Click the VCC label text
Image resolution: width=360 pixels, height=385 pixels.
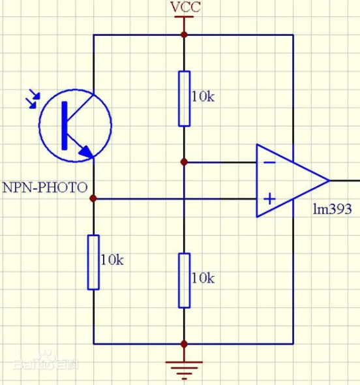185,7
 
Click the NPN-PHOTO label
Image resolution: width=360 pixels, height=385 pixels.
45,187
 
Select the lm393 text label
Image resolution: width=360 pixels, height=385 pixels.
332,209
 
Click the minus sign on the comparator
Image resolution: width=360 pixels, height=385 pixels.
269,162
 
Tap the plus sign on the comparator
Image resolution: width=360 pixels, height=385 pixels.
269,198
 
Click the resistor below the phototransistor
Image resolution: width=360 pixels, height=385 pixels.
93,262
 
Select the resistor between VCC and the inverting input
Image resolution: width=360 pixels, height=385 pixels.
184,99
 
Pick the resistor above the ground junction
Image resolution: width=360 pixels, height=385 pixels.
184,281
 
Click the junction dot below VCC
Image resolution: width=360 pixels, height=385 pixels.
184,35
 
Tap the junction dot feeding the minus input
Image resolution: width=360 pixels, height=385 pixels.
184,162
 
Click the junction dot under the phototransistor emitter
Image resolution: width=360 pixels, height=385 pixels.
93,198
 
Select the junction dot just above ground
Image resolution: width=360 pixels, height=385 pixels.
184,344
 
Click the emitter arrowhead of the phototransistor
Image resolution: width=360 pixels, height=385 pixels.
86,151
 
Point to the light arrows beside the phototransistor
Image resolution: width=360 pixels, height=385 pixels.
33,99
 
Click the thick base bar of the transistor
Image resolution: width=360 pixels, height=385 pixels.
65,125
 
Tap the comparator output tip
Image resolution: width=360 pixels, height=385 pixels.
329,181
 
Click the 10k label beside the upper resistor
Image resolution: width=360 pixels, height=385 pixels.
203,97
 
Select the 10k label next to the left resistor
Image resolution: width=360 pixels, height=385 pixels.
112,260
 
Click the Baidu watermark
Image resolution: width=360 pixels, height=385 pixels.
46,361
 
